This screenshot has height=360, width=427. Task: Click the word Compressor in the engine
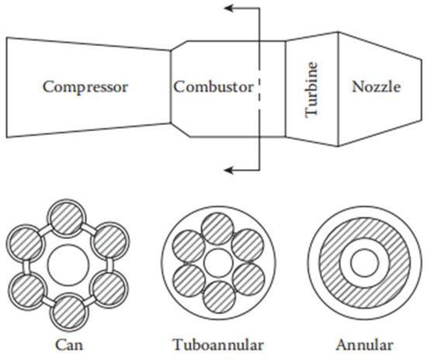point(85,85)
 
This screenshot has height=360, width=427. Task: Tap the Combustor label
point(213,86)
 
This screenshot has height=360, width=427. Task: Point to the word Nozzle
point(376,86)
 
